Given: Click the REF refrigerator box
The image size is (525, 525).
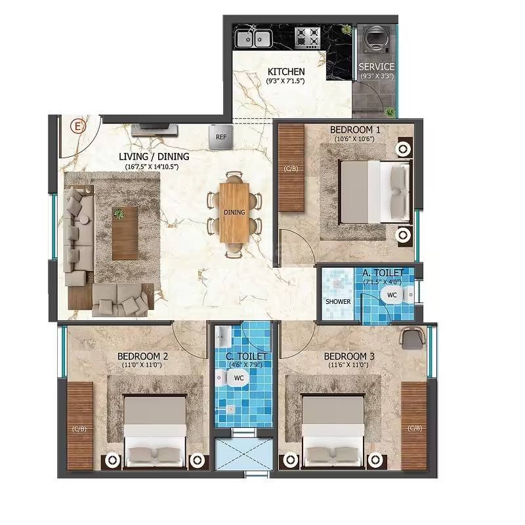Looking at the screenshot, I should click(220, 136).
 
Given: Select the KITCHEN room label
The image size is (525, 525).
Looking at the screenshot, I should click(285, 72).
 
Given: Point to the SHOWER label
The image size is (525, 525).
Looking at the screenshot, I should click(338, 302).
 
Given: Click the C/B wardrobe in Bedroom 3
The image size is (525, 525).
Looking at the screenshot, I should click(414, 427).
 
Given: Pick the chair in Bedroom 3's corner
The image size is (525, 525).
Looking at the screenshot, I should click(411, 337).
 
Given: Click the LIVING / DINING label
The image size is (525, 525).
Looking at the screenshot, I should click(154, 157).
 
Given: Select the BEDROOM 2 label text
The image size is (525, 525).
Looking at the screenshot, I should click(143, 356).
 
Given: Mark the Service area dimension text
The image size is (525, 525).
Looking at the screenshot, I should click(377, 76).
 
